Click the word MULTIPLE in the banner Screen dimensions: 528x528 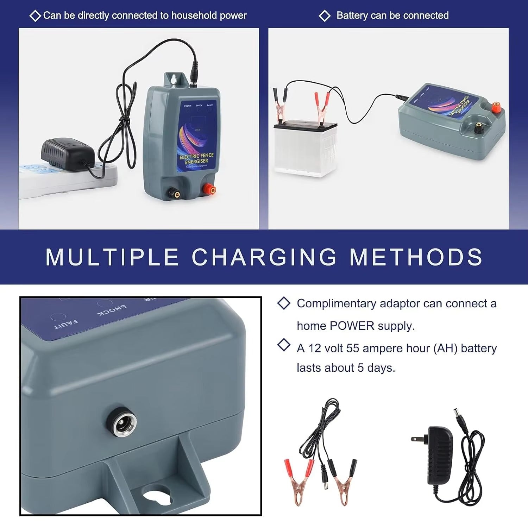click(112, 257)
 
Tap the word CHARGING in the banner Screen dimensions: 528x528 click(264, 257)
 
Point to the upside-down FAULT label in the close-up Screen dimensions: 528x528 click(66, 324)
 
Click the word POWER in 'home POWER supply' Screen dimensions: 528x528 click(352, 326)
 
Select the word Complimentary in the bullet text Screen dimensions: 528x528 click(336, 303)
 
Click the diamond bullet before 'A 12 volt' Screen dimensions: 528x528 click(284, 345)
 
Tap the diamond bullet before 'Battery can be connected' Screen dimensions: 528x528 click(324, 15)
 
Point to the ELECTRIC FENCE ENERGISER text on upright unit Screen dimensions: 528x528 click(196, 158)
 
